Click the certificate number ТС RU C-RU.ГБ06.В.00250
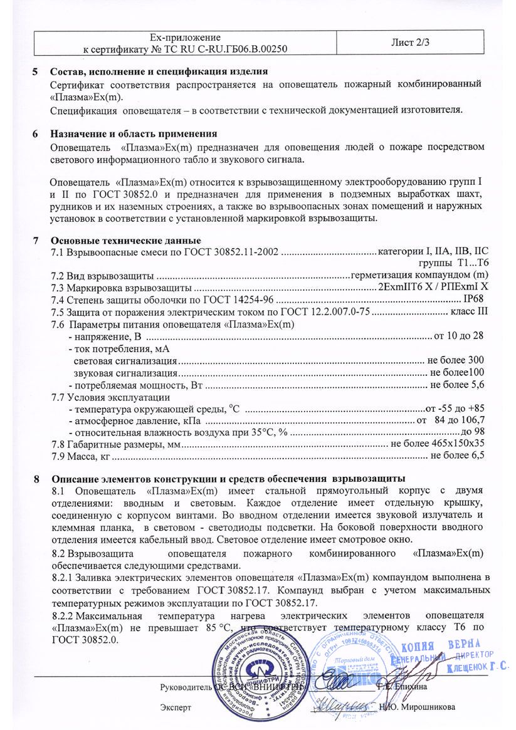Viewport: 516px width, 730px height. click(x=220, y=48)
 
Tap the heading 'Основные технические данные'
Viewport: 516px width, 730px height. click(x=125, y=241)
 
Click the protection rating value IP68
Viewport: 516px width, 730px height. click(x=474, y=300)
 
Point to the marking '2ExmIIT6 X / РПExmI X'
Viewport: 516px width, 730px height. click(x=432, y=288)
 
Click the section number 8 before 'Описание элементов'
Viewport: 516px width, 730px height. click(x=37, y=479)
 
